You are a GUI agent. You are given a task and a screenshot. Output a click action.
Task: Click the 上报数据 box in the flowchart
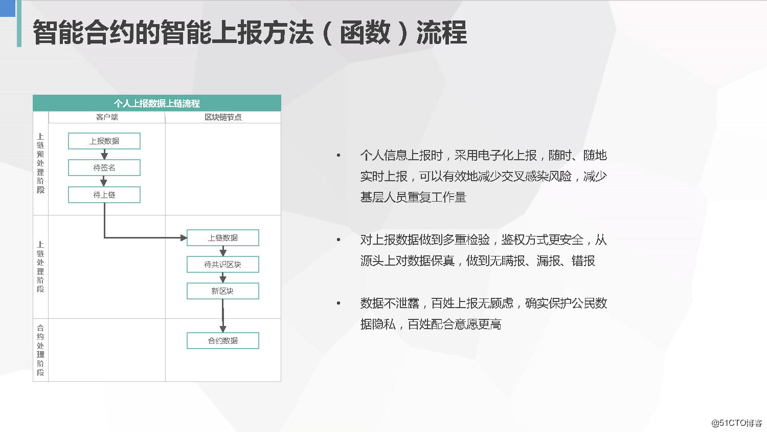tap(104, 141)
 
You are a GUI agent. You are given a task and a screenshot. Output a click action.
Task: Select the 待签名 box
tap(104, 168)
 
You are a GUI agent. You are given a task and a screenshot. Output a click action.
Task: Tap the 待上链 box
tap(104, 195)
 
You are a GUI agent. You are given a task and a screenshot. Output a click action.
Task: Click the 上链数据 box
tap(223, 238)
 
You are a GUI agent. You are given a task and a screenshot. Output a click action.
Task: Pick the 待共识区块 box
tap(223, 265)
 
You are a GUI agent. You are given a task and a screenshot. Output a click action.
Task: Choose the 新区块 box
tap(223, 291)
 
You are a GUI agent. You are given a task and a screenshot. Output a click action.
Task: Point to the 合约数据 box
tap(223, 341)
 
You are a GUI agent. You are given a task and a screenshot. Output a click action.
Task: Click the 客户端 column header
tap(107, 117)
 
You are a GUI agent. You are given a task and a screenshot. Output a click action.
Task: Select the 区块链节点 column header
tap(223, 117)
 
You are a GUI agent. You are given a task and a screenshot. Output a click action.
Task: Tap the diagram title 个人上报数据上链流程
tap(157, 103)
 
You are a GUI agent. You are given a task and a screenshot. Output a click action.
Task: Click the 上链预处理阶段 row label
tap(40, 163)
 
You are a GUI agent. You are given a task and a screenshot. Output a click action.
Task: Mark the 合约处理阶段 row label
tap(40, 350)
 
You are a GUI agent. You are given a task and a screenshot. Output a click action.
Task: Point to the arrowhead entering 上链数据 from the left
tap(184, 238)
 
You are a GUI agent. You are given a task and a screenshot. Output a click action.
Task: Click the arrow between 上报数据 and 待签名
tap(104, 155)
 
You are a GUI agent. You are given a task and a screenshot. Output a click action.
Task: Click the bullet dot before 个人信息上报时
tap(339, 155)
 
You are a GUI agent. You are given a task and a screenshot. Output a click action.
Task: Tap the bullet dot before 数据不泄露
tap(339, 304)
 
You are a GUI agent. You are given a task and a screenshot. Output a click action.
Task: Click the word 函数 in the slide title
tap(365, 33)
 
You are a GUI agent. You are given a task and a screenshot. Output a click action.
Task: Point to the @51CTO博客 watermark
tap(736, 423)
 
